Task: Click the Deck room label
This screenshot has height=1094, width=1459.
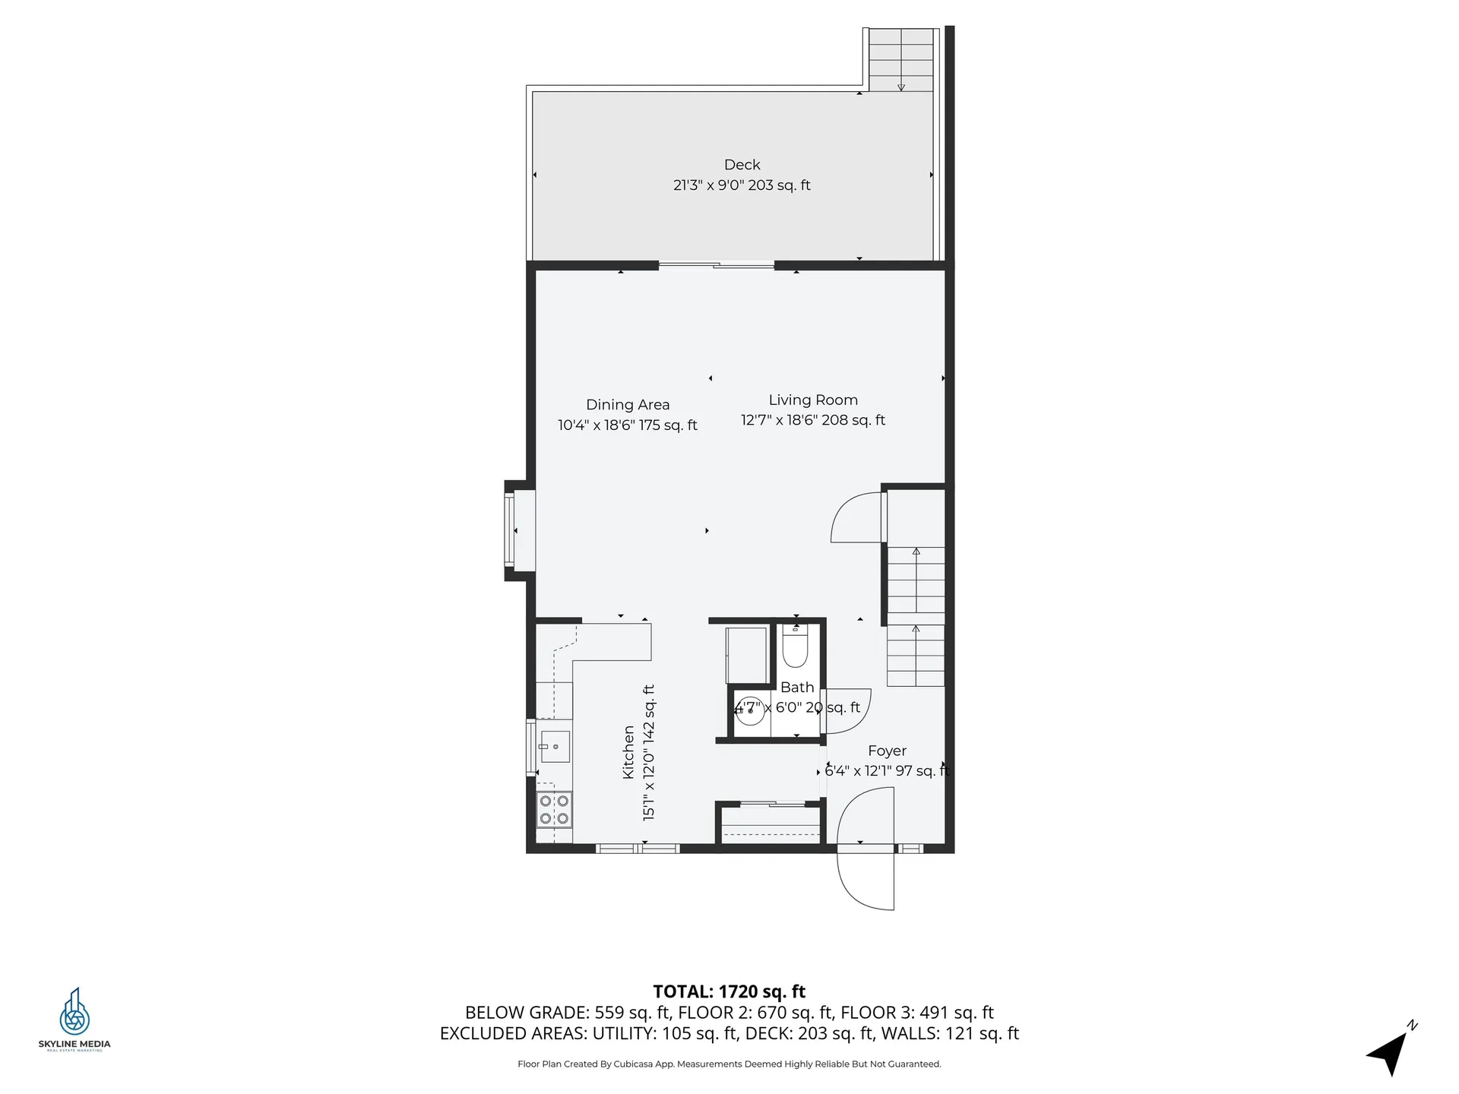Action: coord(742,165)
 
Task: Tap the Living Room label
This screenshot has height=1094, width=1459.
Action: coord(812,400)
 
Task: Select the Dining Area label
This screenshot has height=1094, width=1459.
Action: coord(627,405)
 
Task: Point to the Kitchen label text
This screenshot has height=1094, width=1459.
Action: coord(628,751)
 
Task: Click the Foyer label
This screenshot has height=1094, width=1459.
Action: coord(887,751)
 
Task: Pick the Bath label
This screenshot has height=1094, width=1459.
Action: coord(796,687)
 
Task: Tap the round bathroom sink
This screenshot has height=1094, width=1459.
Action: coord(750,711)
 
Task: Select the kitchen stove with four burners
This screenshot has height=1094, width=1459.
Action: coord(554,809)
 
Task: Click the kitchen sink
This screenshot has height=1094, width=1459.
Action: coord(555,747)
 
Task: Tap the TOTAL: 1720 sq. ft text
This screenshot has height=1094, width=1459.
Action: coord(729,991)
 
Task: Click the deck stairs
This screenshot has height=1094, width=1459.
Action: coord(901,59)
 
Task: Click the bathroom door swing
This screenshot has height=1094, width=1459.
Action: coord(847,711)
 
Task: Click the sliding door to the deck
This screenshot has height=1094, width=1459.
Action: coord(716,265)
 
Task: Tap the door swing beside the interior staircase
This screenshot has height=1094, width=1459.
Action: coord(857,518)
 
